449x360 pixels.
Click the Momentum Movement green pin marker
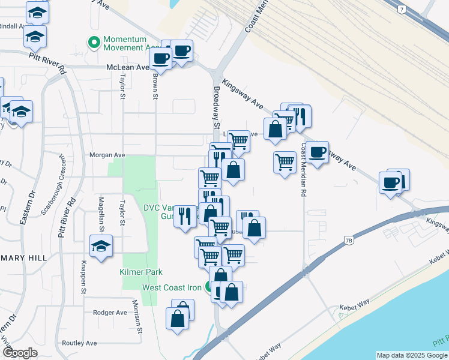(94, 43)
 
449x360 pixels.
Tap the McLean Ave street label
(127, 68)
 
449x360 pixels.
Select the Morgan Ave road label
(107, 155)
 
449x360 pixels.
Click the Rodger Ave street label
(110, 313)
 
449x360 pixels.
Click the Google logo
(20, 353)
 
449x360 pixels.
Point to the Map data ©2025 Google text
(411, 355)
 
